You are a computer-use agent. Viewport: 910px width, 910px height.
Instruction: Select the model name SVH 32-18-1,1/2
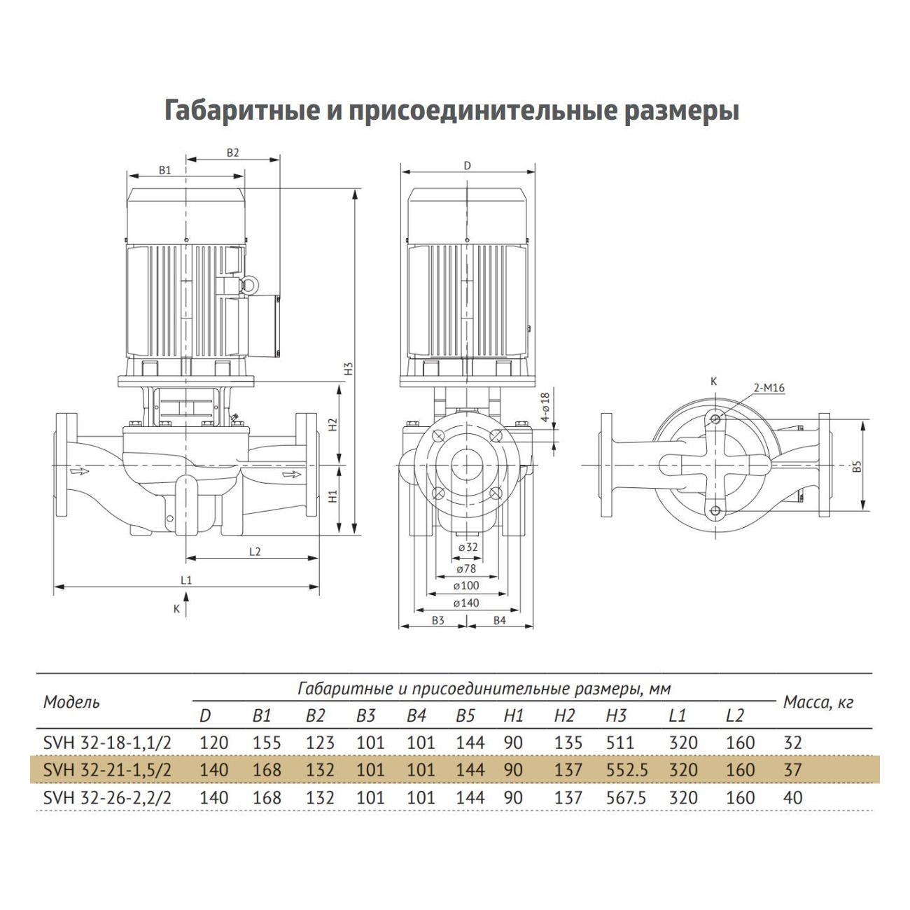coord(107,743)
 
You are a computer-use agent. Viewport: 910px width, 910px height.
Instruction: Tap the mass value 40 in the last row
coord(792,797)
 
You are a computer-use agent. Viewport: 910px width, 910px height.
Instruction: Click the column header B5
coord(465,716)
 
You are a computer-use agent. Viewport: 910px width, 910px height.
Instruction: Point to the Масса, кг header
coord(818,702)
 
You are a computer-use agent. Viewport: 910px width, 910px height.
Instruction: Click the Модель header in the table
coord(71,702)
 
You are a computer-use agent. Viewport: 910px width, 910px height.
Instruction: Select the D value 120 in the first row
coord(213,743)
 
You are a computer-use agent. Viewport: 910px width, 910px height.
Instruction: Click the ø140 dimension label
coord(465,603)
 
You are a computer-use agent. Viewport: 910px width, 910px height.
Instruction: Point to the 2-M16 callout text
coord(769,387)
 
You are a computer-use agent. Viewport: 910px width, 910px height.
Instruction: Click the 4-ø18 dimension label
coord(546,408)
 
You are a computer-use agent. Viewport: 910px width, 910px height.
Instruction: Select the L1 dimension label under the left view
coord(185,580)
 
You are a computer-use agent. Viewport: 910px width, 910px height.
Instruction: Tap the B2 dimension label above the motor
coord(233,152)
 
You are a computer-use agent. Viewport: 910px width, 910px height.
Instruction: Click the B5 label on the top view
coord(857,467)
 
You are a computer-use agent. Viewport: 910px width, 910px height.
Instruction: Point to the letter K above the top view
coord(713,381)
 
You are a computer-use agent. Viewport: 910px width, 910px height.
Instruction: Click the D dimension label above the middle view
coord(467,165)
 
